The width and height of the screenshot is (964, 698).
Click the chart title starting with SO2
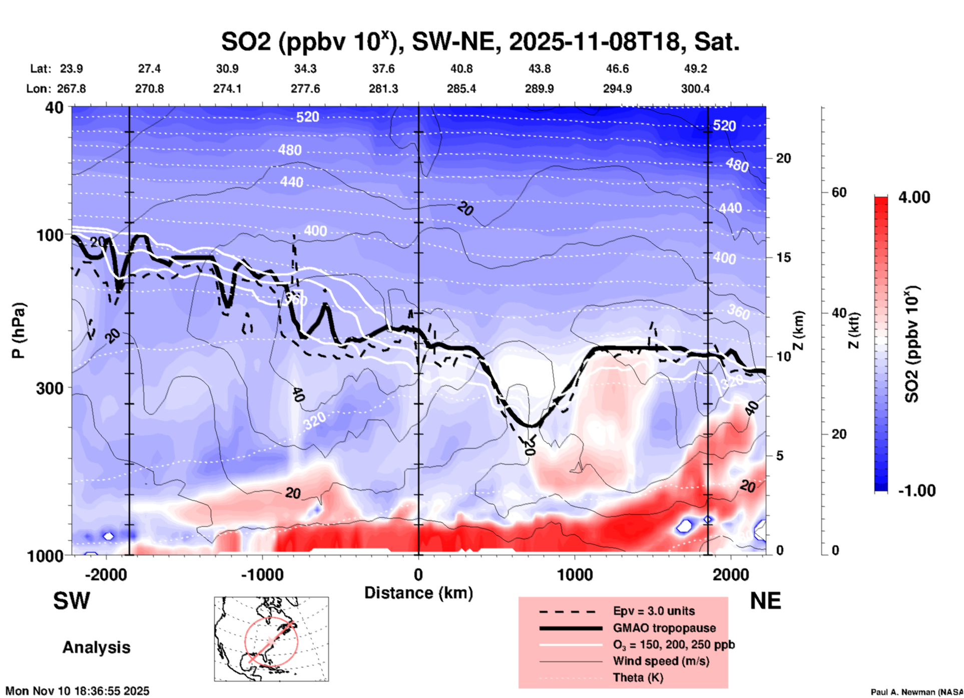[x=480, y=42]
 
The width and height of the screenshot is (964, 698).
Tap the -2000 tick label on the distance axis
[x=106, y=575]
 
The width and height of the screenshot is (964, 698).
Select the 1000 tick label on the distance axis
[x=575, y=575]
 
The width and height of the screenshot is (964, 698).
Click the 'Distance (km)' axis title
[x=418, y=593]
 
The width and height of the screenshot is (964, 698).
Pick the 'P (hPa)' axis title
[x=19, y=330]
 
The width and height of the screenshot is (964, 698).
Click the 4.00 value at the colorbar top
[x=914, y=197]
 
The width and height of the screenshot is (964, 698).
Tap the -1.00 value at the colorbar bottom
[x=916, y=491]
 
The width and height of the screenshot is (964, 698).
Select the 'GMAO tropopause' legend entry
[x=664, y=628]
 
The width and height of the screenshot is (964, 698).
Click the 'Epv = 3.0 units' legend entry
[x=654, y=611]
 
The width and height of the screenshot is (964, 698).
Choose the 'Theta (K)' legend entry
[x=638, y=677]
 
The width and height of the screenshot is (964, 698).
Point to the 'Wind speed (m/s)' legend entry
[x=661, y=661]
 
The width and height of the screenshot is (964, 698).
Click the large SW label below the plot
[x=72, y=601]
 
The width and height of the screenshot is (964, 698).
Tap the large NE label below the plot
[x=765, y=601]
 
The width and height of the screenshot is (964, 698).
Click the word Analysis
[x=96, y=647]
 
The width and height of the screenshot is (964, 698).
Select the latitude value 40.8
[x=461, y=69]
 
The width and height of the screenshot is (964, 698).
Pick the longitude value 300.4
[x=695, y=89]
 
